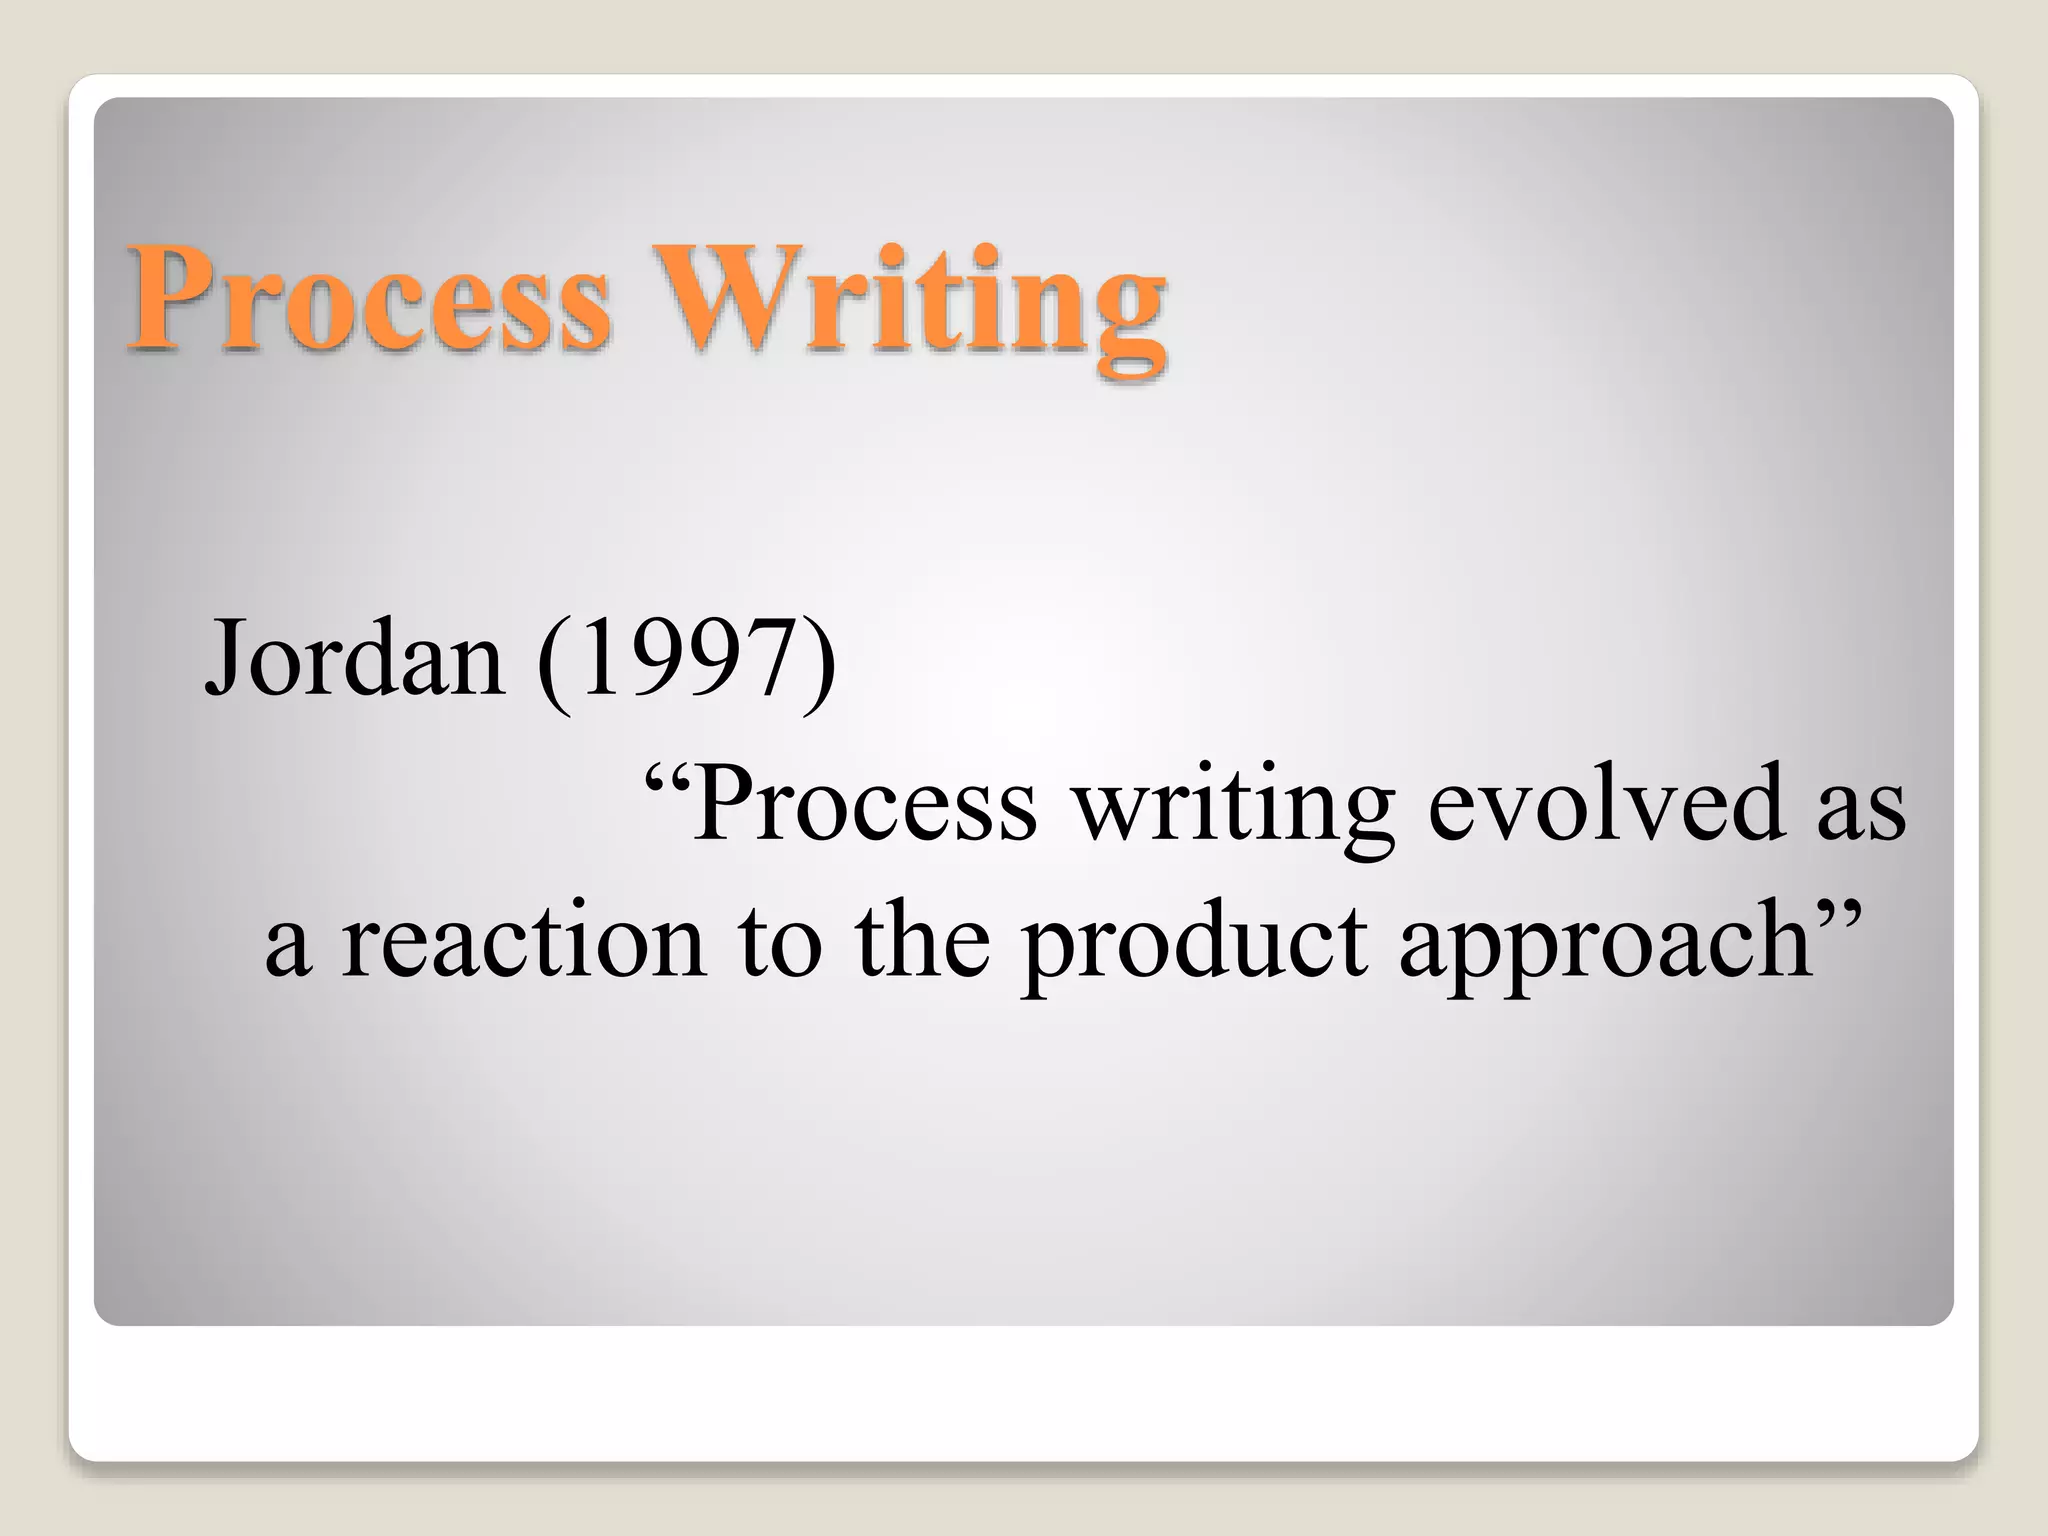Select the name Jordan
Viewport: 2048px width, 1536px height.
point(354,658)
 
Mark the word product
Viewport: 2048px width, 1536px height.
point(1194,945)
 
